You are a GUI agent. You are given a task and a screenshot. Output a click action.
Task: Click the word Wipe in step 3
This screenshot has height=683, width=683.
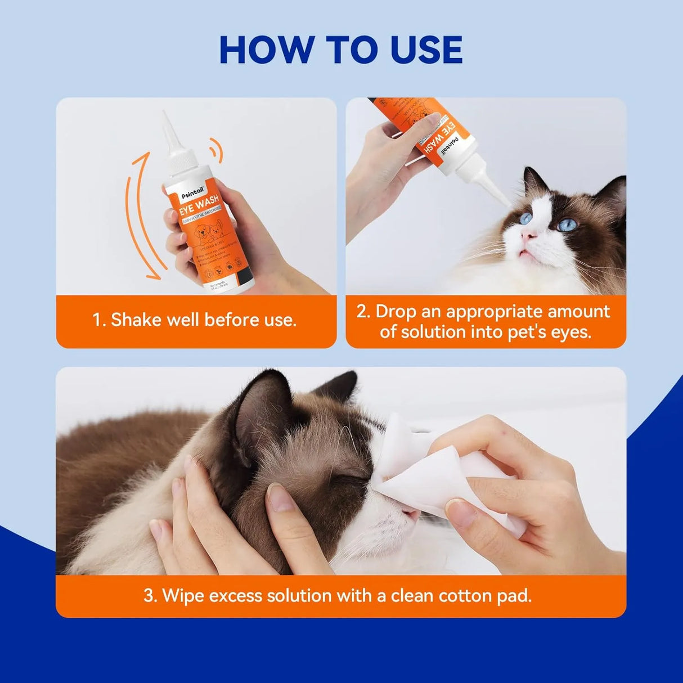181,595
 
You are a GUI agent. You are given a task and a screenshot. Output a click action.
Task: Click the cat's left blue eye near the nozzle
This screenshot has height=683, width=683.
525,218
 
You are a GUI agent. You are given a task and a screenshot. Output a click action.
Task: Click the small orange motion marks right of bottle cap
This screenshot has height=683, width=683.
213,147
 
